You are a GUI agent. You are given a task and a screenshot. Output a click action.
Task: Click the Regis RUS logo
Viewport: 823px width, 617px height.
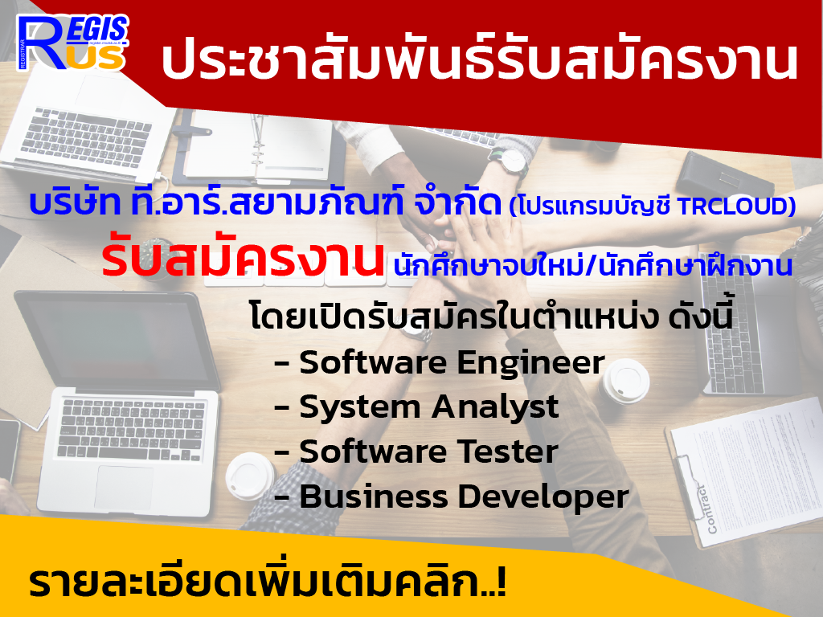tap(72, 43)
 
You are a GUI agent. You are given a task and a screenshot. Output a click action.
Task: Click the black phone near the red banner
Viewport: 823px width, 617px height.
tap(724, 176)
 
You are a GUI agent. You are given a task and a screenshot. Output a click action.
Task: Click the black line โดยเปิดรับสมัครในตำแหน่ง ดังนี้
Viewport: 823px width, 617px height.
tap(491, 316)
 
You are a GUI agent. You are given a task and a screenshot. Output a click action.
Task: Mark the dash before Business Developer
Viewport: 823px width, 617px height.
tap(282, 497)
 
